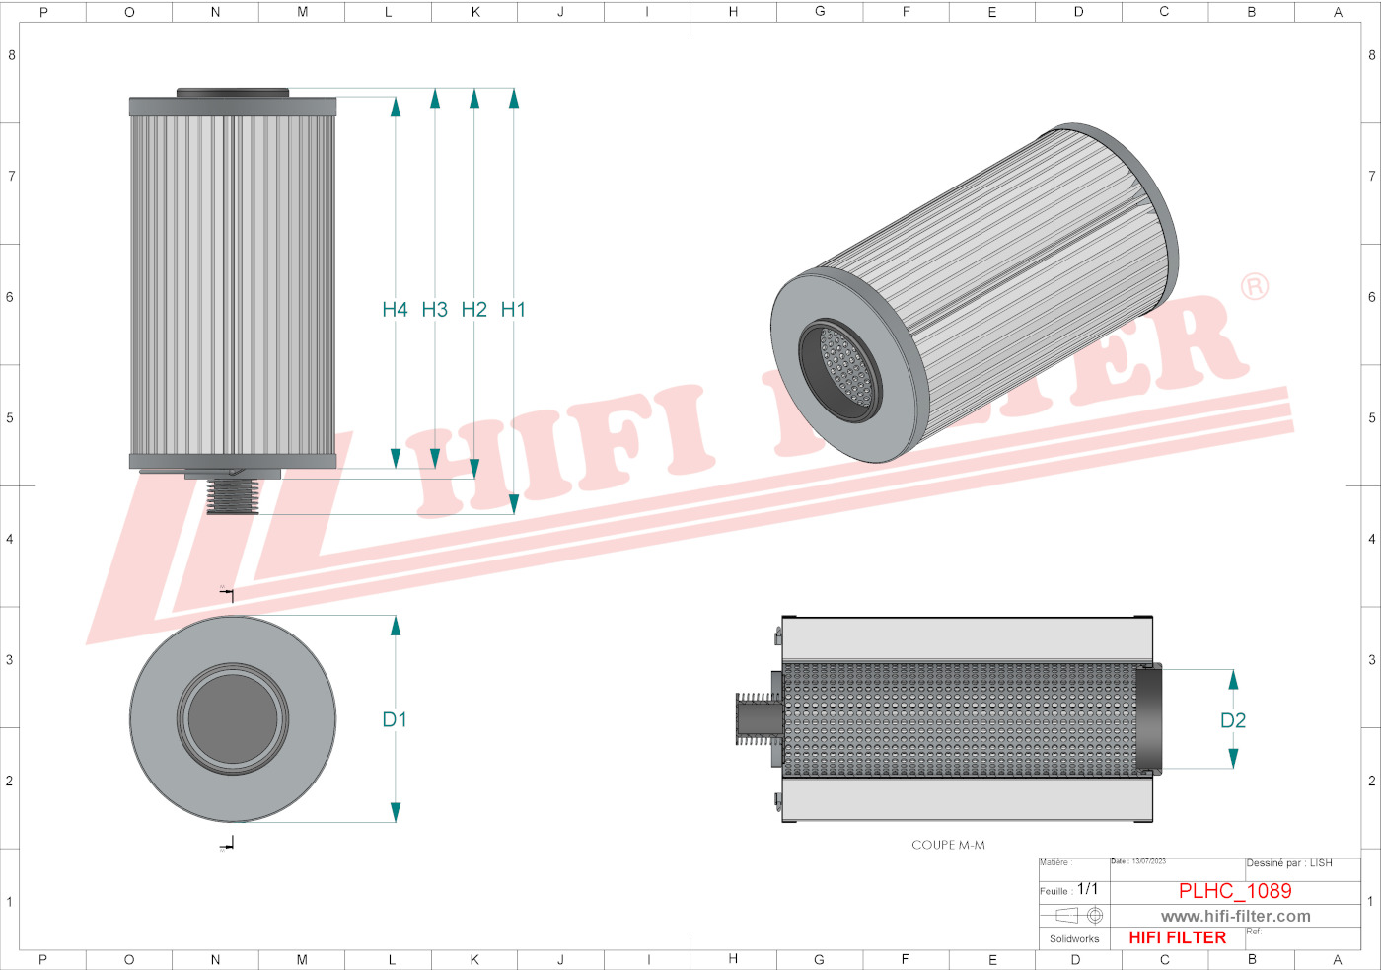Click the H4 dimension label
[395, 310]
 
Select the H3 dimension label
[434, 310]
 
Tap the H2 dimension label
[473, 310]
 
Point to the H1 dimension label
[513, 310]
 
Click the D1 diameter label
[395, 720]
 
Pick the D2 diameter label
[1233, 721]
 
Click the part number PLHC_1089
[1235, 891]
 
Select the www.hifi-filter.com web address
[1235, 917]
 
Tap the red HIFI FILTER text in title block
[1177, 937]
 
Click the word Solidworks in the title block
[1074, 939]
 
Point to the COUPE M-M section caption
[948, 845]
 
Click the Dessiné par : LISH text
[1288, 863]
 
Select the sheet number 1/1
[1087, 889]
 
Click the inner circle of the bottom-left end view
[233, 718]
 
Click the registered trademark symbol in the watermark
[1254, 287]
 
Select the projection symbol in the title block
[1078, 916]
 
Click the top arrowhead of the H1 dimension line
[514, 98]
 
